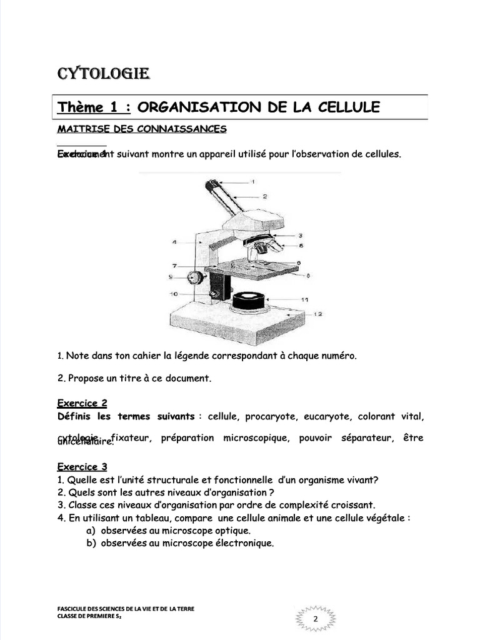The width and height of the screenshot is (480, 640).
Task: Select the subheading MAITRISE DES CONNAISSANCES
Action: [142, 129]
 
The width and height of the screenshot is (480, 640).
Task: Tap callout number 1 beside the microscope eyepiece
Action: [252, 181]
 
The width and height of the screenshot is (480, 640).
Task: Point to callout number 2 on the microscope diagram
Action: [265, 196]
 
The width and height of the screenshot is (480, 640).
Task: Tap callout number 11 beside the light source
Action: [305, 300]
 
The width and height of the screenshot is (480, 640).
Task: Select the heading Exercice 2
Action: [82, 403]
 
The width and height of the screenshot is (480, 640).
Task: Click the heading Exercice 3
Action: [82, 467]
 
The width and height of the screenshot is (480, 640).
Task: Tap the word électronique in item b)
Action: [244, 543]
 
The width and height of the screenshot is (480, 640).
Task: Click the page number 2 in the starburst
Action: [315, 619]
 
